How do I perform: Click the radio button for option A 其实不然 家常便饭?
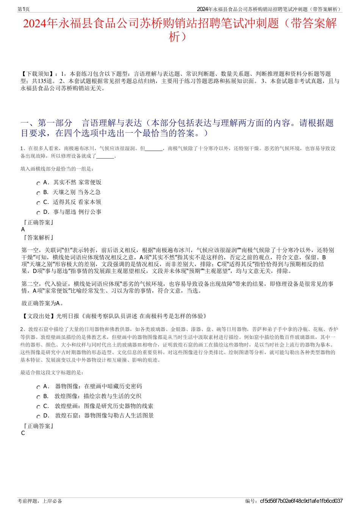click(x=38, y=184)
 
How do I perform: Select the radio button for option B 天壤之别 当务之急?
click(x=38, y=193)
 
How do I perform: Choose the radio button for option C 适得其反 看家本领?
click(x=38, y=203)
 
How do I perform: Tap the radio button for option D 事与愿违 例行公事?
click(x=38, y=213)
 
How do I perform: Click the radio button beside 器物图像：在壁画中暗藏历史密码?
click(x=38, y=388)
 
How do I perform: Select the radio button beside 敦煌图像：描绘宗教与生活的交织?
click(x=38, y=397)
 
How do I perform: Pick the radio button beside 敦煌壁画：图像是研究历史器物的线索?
click(x=38, y=407)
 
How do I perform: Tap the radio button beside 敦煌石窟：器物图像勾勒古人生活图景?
click(x=38, y=417)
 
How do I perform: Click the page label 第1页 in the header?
click(x=24, y=9)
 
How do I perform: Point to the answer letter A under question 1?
click(x=23, y=229)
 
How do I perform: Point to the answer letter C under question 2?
click(x=23, y=433)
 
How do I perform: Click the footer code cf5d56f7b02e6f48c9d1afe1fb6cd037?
click(x=301, y=501)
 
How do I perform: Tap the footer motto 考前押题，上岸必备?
click(x=40, y=501)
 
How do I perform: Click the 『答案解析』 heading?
click(x=38, y=238)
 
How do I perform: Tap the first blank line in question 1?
click(x=154, y=149)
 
